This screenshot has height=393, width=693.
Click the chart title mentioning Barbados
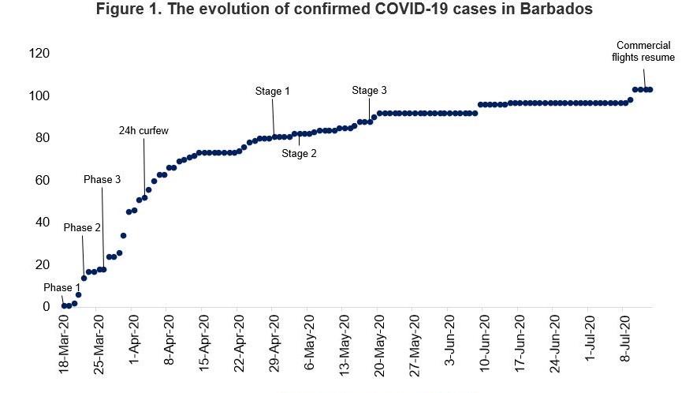344,10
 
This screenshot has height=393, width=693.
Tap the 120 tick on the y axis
39,54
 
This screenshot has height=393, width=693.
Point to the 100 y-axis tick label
39,96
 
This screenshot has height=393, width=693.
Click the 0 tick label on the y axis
46,307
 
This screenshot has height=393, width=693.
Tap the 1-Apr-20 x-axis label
133,341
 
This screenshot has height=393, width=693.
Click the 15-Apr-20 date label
203,343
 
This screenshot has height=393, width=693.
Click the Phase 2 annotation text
83,228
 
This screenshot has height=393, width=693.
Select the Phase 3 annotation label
102,180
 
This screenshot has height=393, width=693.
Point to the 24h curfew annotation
143,130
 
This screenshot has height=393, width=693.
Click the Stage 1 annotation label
273,92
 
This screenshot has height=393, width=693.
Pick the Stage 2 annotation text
299,154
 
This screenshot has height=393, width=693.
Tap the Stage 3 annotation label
369,91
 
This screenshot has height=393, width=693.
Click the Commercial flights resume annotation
644,51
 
